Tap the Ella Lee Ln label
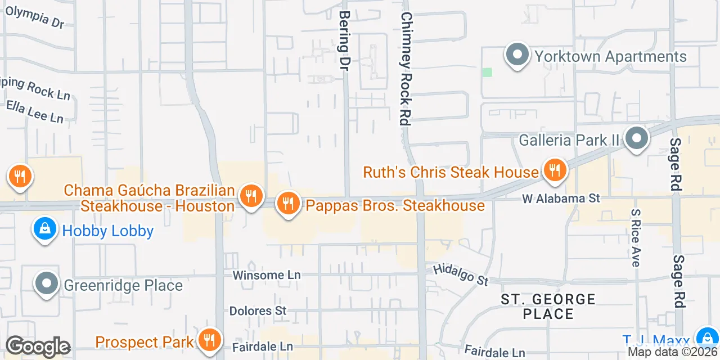[x=35, y=111]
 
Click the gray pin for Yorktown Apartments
[x=517, y=56]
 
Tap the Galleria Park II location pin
[x=636, y=138]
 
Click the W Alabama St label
[x=561, y=199]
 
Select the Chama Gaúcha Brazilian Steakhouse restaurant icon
[x=250, y=196]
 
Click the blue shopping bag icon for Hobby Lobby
[x=44, y=229]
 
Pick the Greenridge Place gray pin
[x=47, y=285]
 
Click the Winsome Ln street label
[x=267, y=275]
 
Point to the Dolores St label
[x=258, y=311]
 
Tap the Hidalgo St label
[x=461, y=275]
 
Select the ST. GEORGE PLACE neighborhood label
[x=548, y=307]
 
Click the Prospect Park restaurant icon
[x=209, y=340]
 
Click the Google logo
[x=38, y=347]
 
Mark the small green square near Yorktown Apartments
[x=487, y=72]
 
